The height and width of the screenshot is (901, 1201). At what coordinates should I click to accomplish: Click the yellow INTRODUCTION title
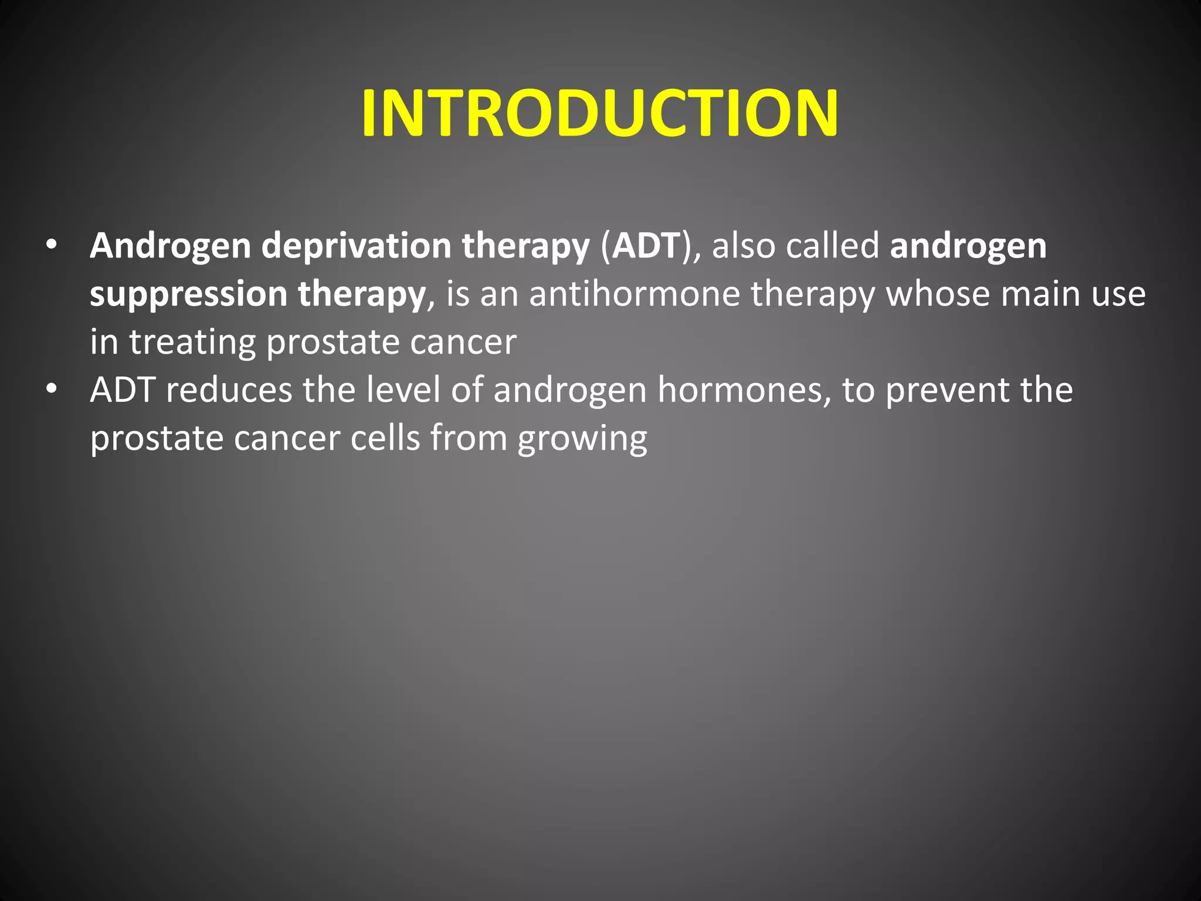click(x=600, y=113)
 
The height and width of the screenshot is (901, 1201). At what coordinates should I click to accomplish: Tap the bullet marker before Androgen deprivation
click(x=52, y=245)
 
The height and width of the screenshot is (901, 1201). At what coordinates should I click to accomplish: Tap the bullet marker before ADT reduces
click(x=52, y=389)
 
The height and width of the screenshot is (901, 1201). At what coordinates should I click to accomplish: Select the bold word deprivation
click(x=356, y=246)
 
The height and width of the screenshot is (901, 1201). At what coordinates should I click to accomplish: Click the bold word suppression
click(x=188, y=294)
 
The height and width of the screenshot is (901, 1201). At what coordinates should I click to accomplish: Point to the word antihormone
click(x=635, y=293)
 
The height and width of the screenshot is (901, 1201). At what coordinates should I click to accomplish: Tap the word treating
click(x=192, y=343)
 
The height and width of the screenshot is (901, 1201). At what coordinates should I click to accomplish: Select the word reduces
click(x=229, y=390)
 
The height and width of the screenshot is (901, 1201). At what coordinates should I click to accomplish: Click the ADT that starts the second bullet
click(x=123, y=390)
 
